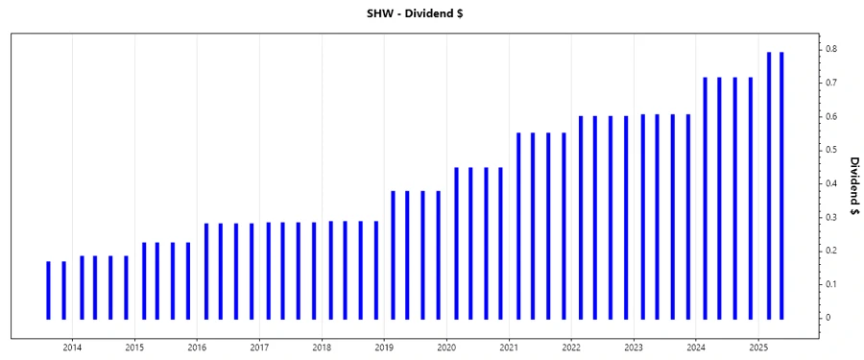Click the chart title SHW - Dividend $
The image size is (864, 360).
[432, 12]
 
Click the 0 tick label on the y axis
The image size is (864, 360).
[831, 318]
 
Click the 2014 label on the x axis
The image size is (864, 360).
[72, 347]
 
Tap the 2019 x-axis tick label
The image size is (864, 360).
[384, 347]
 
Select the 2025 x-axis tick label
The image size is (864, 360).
[758, 347]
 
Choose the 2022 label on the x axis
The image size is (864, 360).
[571, 347]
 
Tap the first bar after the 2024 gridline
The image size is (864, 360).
[706, 198]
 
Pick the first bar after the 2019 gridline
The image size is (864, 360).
[394, 254]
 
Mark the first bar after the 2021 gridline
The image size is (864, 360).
[518, 226]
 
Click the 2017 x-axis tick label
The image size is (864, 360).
[259, 347]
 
